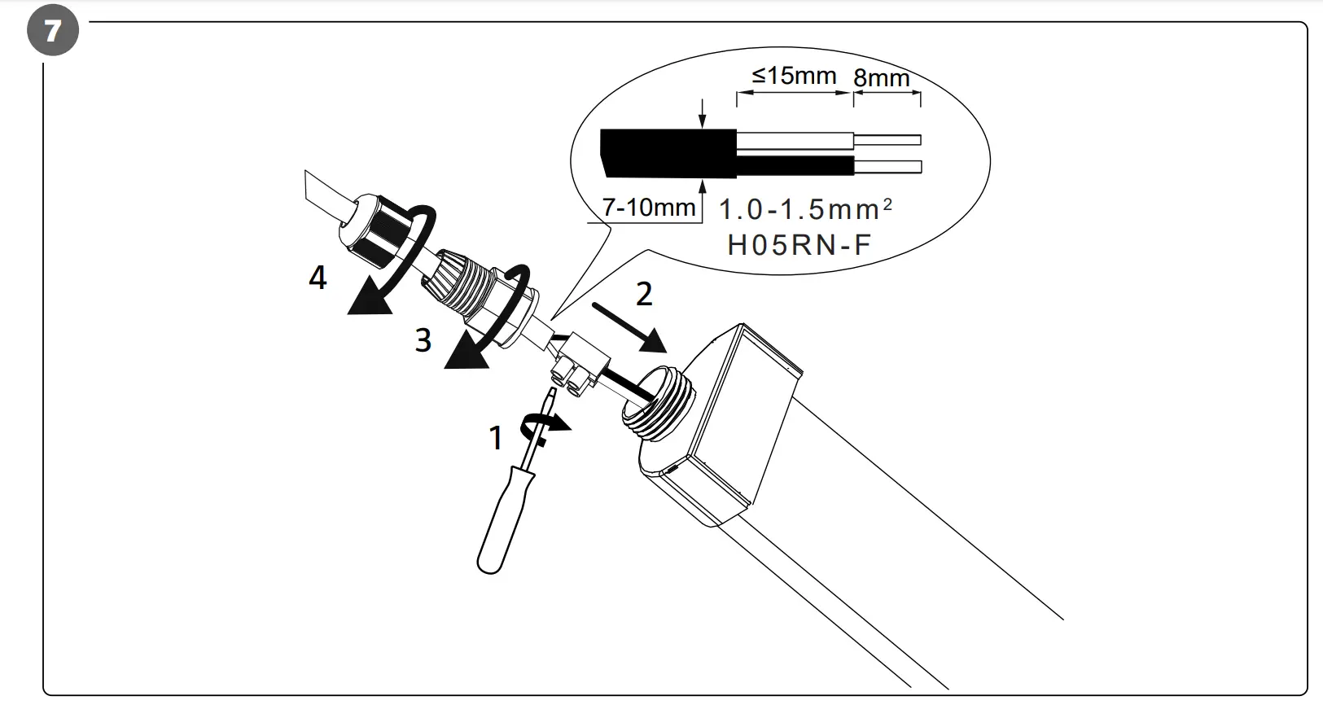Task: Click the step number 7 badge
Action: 52,32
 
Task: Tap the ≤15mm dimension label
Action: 794,76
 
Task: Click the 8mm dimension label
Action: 882,78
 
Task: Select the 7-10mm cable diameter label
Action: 649,208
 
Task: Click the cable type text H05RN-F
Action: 799,245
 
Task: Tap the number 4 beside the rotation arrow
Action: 318,278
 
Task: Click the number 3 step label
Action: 423,339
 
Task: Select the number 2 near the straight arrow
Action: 643,295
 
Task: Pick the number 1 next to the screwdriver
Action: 495,438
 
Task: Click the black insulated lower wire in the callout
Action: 795,167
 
